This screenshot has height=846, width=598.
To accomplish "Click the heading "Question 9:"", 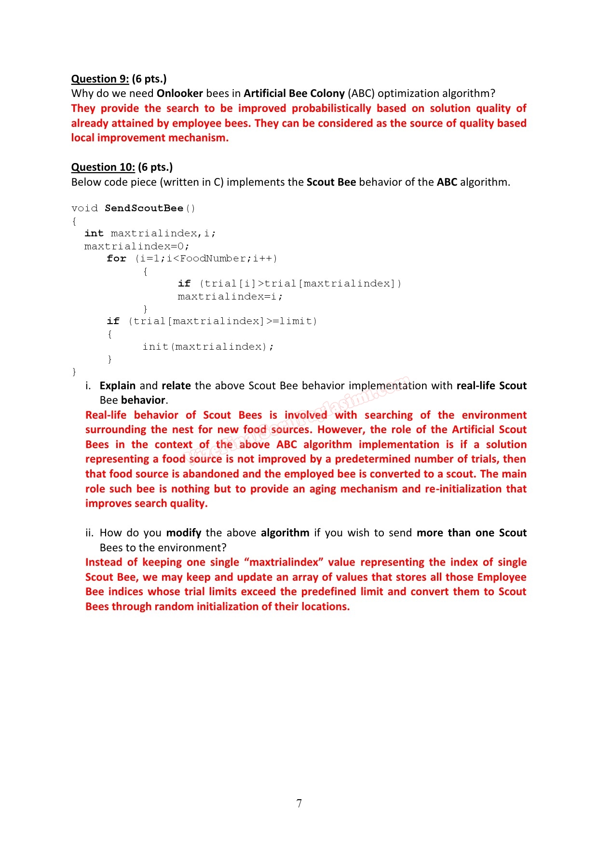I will (100, 79).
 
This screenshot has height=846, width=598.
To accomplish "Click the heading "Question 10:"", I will (103, 167).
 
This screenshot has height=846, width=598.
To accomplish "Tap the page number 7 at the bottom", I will (299, 803).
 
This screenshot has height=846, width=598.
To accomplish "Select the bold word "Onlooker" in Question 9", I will (179, 93).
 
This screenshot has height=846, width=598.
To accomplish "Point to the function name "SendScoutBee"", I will (144, 208).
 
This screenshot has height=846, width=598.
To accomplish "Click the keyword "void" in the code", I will (84, 208).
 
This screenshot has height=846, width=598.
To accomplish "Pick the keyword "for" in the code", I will (116, 259).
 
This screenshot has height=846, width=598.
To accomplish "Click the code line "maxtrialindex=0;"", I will (137, 246).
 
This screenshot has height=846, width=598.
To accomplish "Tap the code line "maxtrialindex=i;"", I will (230, 296).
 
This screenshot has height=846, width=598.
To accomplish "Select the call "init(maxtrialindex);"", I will (208, 346).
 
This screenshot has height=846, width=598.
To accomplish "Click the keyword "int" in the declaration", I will (94, 233).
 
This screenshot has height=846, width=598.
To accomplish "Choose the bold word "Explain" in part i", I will (117, 385).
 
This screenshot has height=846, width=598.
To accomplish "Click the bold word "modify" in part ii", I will (183, 532).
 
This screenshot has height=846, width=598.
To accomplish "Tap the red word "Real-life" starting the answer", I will (106, 415).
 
